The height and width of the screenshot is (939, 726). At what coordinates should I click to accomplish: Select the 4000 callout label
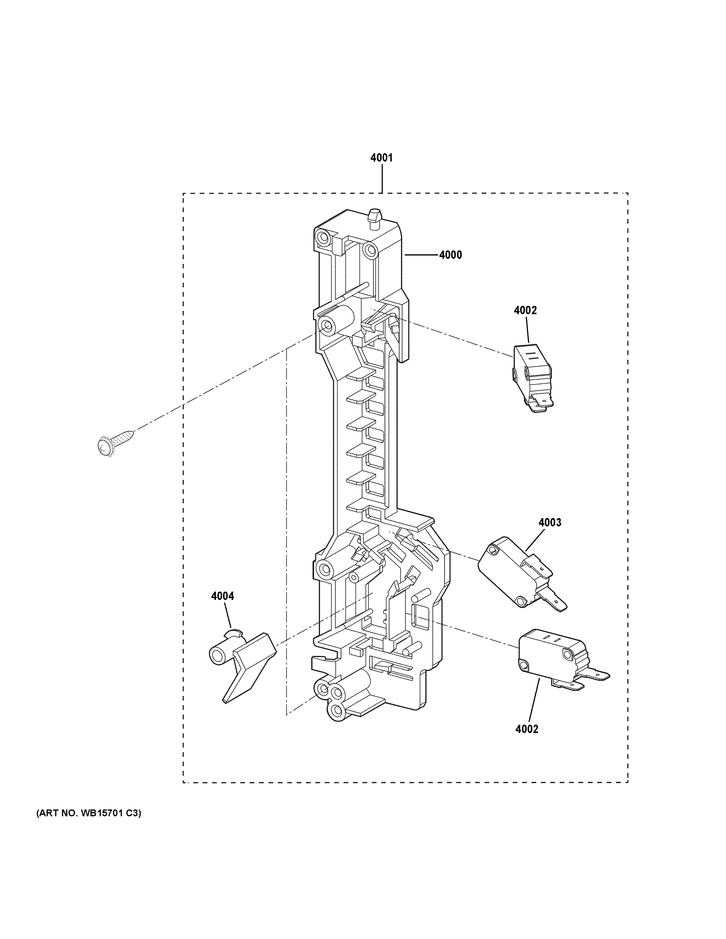[x=450, y=255]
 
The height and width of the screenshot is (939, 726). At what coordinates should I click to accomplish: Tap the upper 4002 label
[x=525, y=310]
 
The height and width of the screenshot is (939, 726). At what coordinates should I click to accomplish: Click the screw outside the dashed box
[x=114, y=441]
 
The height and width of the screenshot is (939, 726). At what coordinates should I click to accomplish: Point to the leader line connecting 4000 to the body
[x=421, y=255]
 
